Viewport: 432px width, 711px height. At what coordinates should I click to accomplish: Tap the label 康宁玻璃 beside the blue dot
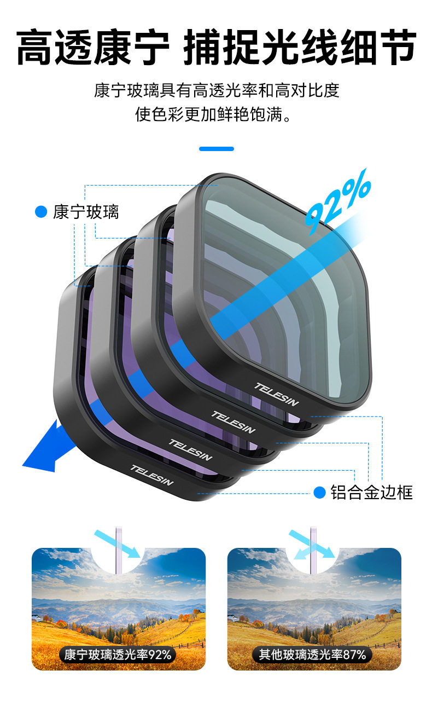click(x=86, y=212)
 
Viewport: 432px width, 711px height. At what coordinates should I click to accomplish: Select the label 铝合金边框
click(x=371, y=492)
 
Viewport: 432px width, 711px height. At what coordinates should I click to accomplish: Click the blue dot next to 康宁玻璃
click(x=41, y=212)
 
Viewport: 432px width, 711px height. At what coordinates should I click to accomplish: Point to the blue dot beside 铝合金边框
click(x=319, y=492)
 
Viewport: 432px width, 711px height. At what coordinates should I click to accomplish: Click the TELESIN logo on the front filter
click(x=277, y=394)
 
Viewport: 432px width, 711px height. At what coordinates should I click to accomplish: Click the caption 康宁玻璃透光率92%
click(x=118, y=654)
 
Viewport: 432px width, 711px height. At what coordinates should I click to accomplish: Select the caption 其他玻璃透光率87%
click(x=312, y=654)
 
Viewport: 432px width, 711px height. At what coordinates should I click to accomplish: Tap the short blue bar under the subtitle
click(x=216, y=148)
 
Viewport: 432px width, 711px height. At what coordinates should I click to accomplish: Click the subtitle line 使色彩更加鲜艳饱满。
click(x=216, y=115)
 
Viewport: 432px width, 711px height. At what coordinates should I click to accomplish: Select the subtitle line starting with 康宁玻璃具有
click(x=216, y=90)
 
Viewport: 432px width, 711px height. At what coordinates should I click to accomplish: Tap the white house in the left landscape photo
click(x=37, y=618)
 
